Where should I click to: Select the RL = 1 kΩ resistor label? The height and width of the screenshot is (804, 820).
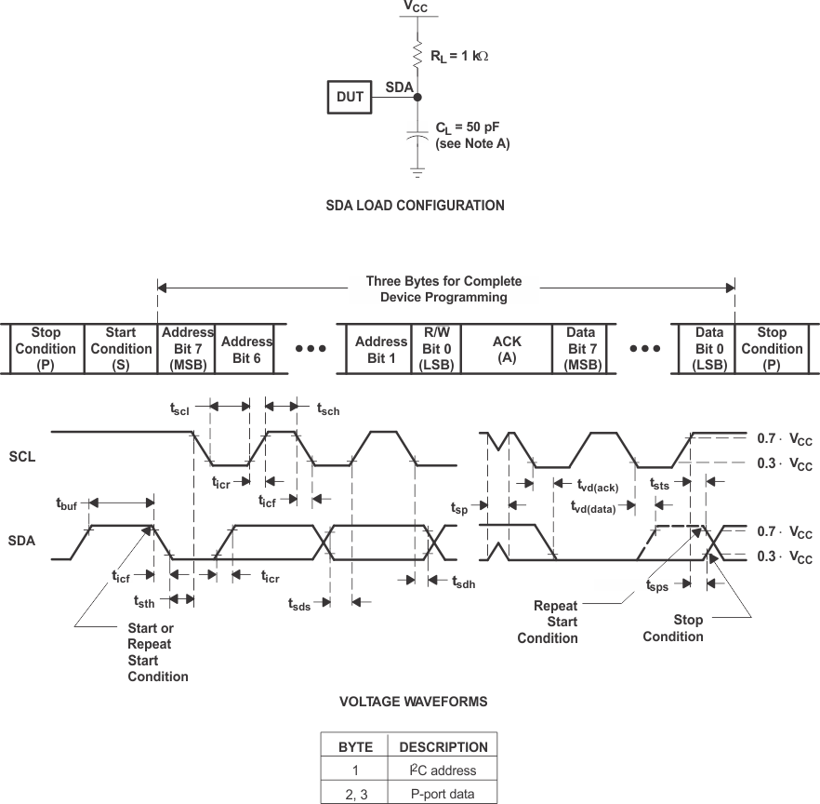point(458,56)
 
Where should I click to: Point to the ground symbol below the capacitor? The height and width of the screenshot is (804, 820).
point(417,172)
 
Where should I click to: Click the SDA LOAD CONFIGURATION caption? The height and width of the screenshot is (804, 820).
point(415,206)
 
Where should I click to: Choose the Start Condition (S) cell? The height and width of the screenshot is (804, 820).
point(121,349)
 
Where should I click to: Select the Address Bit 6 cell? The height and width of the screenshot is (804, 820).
point(246,349)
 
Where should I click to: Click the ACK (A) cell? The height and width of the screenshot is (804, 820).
point(507,349)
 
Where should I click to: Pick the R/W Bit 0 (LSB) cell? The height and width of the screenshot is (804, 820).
point(435,349)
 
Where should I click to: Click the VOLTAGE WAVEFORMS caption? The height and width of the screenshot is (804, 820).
point(413,702)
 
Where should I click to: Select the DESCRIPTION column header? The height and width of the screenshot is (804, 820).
point(443,746)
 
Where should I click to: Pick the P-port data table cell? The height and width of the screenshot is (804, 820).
point(443,793)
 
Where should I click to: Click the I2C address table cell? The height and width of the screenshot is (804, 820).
point(443,770)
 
